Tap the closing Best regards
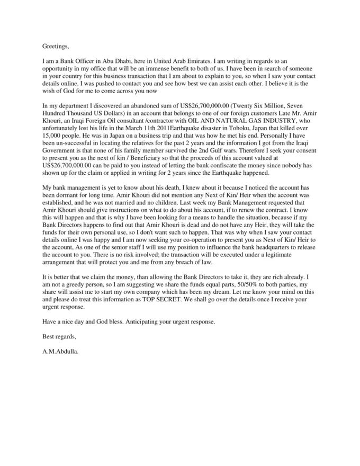59,336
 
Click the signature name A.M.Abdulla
60,350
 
